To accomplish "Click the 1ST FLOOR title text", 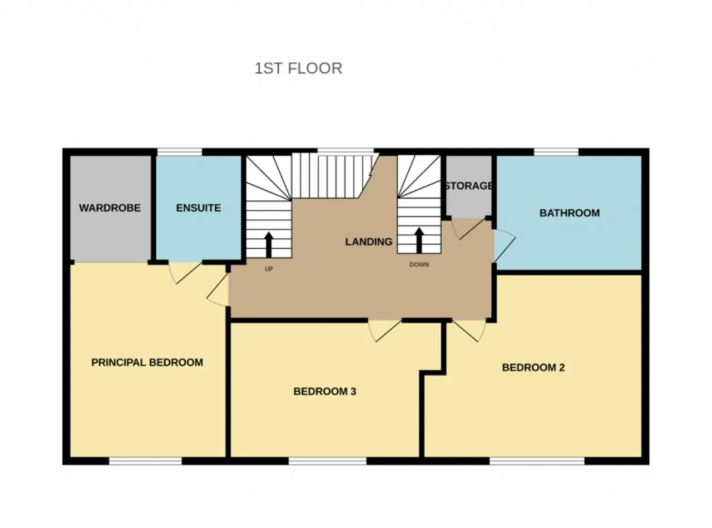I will pos(298,68).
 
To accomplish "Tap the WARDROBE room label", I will pos(110,208).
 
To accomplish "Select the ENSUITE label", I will pos(199,208).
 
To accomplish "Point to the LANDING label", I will pos(369,241).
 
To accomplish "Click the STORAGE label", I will pos(468,186).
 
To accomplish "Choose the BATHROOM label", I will pos(570,213).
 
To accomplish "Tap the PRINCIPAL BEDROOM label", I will pos(147,362).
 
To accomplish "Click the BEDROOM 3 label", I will pos(325,391).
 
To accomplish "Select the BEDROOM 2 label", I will pos(533,367).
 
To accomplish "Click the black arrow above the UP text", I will pos(269,244).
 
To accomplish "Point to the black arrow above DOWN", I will pos(419,239).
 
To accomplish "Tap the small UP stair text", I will pos(269,269).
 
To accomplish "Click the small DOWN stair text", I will pos(419,265).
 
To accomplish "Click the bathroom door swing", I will pos(503,245).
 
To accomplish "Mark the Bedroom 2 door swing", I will pos(469,330).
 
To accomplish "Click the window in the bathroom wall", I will pos(556,151).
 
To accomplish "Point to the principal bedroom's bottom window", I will pos(145,461).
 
